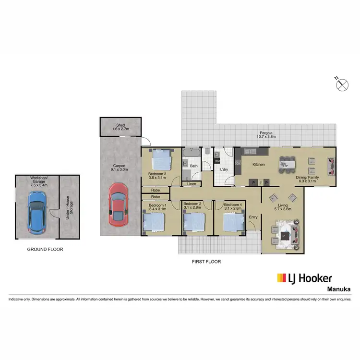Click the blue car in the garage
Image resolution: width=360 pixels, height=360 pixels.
pyautogui.click(x=36, y=213)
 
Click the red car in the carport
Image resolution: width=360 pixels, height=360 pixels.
pyautogui.click(x=117, y=204)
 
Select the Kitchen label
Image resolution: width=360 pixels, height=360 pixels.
pyautogui.click(x=259, y=165)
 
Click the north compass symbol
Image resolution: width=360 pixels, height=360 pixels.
pyautogui.click(x=342, y=84)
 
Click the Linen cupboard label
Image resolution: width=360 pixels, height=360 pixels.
pyautogui.click(x=192, y=184)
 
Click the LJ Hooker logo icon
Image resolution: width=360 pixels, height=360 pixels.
pyautogui.click(x=282, y=278)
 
